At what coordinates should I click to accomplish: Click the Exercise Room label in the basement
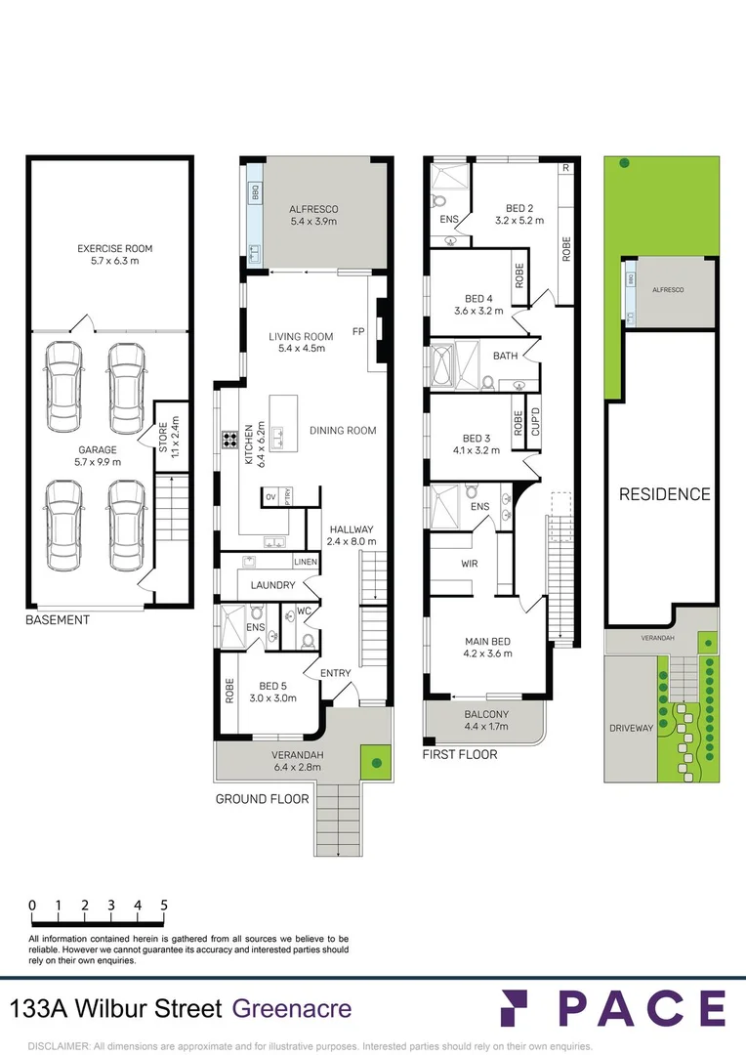[115, 254]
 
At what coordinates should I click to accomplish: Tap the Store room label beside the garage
[169, 437]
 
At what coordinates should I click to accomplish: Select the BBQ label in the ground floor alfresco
[255, 193]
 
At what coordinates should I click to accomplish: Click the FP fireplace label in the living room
[358, 332]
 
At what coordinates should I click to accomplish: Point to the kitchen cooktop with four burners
[230, 440]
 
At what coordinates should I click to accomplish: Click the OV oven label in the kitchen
[271, 497]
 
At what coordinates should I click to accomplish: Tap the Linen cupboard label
[306, 561]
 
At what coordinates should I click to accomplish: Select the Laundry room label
[272, 585]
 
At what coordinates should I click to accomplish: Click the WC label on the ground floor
[304, 612]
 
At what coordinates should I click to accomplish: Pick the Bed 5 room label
[273, 692]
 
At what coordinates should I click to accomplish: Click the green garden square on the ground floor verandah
[376, 762]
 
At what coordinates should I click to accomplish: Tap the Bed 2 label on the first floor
[519, 214]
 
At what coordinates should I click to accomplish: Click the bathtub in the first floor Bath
[443, 366]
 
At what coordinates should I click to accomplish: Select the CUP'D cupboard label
[535, 422]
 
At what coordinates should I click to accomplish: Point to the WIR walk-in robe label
[470, 564]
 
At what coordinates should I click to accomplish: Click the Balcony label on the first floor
[486, 720]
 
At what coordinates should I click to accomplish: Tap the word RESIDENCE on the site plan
[665, 494]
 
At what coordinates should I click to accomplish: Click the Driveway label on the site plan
[631, 728]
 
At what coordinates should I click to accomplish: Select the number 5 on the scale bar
[164, 906]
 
